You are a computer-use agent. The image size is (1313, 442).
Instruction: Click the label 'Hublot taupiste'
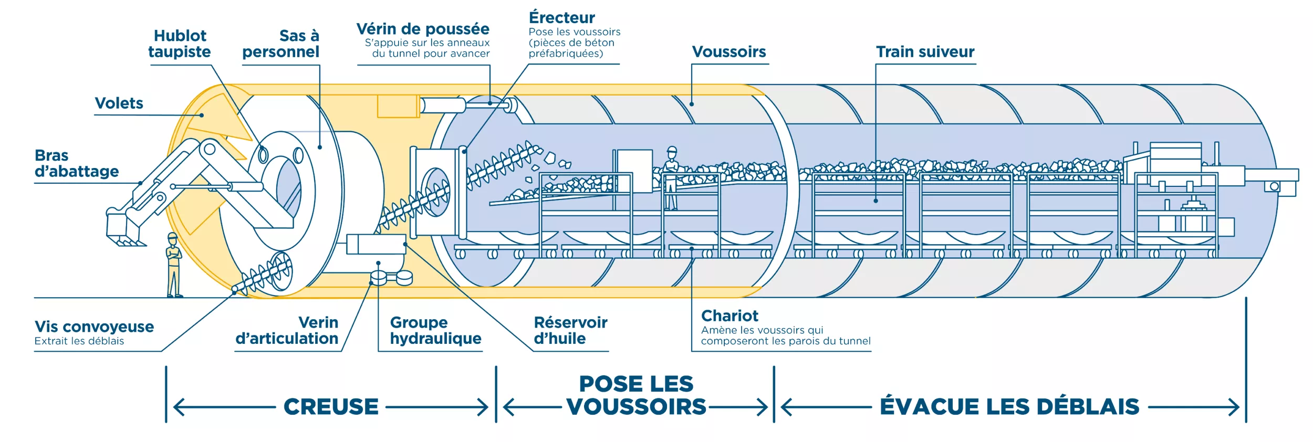click(x=180, y=44)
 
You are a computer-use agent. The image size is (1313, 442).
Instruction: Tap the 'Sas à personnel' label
click(x=281, y=44)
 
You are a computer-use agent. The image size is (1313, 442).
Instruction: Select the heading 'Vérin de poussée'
click(x=423, y=29)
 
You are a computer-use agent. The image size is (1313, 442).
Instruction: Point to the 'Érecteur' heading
click(x=561, y=18)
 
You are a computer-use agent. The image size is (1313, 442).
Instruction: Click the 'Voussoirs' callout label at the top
click(x=728, y=52)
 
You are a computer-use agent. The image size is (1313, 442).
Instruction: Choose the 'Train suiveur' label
click(x=925, y=52)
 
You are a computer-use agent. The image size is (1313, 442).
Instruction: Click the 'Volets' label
click(x=119, y=103)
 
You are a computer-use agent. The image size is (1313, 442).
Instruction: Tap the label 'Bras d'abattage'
click(x=77, y=163)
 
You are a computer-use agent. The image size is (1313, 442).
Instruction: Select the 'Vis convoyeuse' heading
click(x=94, y=327)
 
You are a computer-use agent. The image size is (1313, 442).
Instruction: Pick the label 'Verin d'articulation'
click(x=287, y=330)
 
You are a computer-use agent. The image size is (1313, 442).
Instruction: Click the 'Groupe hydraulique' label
click(x=435, y=330)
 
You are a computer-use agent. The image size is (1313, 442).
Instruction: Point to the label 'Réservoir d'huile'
click(x=570, y=330)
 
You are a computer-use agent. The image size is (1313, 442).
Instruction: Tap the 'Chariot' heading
click(x=730, y=316)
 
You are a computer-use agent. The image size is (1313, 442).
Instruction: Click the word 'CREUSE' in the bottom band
click(x=331, y=407)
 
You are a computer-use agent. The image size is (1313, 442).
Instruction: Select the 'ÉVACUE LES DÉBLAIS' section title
click(x=1009, y=407)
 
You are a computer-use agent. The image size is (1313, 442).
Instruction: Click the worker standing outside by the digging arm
click(x=173, y=265)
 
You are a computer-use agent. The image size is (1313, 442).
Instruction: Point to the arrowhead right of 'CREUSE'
click(x=483, y=407)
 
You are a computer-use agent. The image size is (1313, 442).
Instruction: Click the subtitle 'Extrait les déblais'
click(x=79, y=341)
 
